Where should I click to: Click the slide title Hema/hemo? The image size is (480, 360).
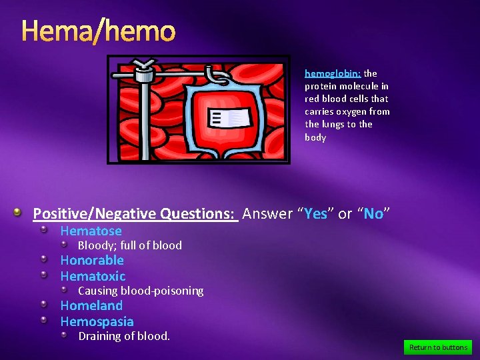coord(98,31)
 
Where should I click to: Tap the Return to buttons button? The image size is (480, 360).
coord(438,347)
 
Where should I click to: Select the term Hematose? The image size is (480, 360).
coord(91,231)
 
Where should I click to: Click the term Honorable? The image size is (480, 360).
coord(92,260)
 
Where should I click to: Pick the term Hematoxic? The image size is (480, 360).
coord(93,276)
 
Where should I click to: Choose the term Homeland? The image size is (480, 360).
coord(91,305)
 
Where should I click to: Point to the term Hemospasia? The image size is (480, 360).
coord(97,321)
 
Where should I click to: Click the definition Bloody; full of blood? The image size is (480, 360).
coord(130,245)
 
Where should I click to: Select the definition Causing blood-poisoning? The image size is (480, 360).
coord(141,291)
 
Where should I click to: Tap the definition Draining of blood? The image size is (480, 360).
coord(124,336)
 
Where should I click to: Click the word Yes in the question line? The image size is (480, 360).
coord(316,214)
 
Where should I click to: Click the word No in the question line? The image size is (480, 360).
coord(373,214)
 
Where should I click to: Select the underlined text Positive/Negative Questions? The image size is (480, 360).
coord(135,214)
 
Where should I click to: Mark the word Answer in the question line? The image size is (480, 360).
coord(267,214)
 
